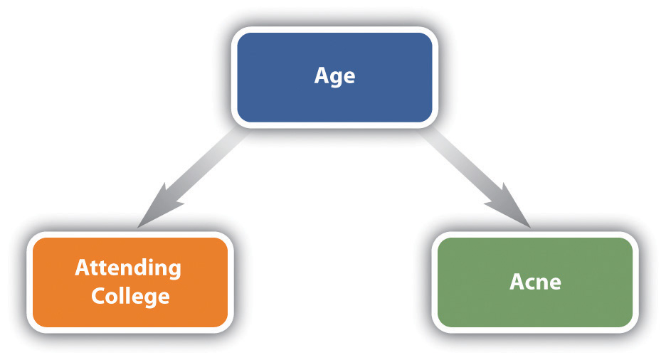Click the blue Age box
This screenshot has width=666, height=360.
[334, 78]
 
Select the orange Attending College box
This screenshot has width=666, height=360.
[130, 282]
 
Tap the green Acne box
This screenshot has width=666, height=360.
[535, 282]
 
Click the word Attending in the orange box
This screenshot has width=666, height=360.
[128, 268]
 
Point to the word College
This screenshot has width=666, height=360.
[130, 296]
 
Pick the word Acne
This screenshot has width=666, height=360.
[535, 282]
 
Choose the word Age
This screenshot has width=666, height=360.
[334, 76]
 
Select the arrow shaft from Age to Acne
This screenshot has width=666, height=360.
[463, 166]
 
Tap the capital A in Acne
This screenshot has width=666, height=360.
[518, 282]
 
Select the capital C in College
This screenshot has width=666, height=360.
[98, 296]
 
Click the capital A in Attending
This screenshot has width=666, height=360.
[83, 267]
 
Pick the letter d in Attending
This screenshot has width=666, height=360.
[142, 267]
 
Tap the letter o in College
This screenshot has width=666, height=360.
[113, 298]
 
